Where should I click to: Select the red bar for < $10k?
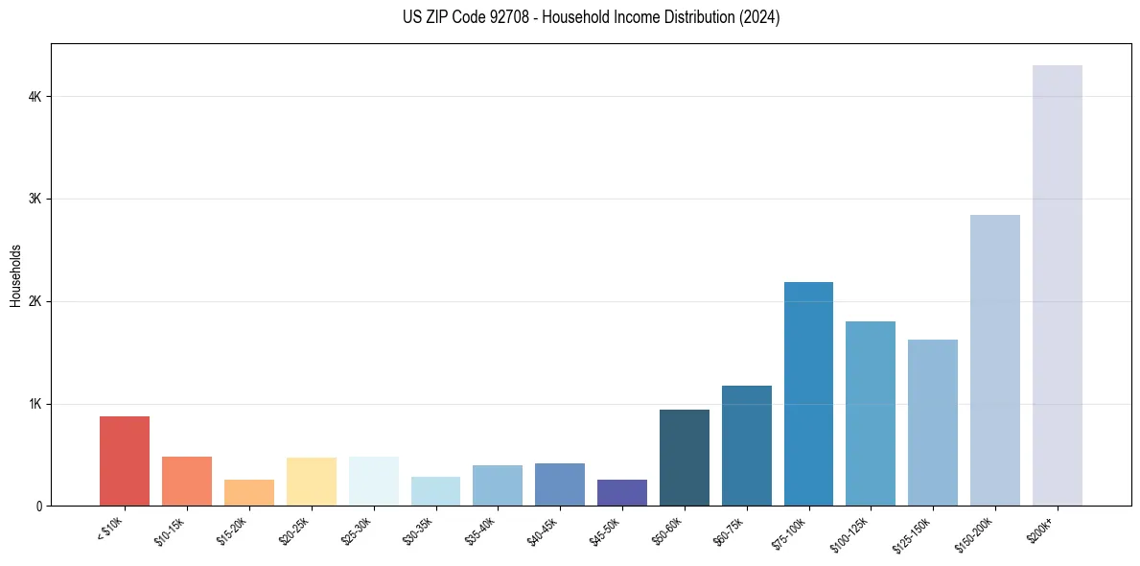125,460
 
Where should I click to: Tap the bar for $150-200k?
994,360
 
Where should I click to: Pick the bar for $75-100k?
808,393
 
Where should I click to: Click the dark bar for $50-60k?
685,458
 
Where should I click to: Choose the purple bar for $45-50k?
622,492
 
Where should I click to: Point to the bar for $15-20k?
249,492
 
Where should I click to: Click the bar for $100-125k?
871,413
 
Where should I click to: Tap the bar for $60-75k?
746,445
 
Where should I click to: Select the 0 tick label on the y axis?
38,506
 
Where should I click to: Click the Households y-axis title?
15,275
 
